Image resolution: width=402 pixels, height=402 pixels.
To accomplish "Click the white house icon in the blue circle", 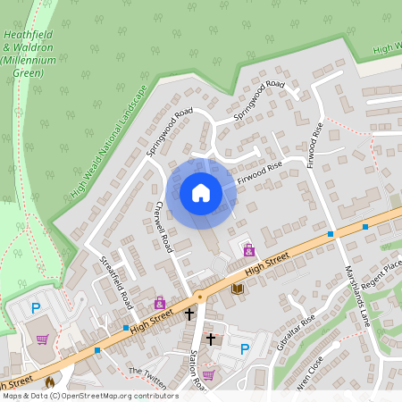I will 201,192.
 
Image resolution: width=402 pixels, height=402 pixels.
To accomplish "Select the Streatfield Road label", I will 116,282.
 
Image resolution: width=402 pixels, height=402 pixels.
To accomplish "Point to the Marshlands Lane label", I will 356,296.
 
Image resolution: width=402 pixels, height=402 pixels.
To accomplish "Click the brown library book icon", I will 237,289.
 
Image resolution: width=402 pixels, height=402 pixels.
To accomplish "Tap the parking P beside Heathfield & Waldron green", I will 37,308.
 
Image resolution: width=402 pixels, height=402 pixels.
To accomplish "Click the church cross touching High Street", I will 189,314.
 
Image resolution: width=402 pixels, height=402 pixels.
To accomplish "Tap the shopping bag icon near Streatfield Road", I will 159,303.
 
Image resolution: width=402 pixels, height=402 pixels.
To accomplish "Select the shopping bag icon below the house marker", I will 248,250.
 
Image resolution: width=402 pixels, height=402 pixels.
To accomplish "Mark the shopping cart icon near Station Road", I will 208,374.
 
